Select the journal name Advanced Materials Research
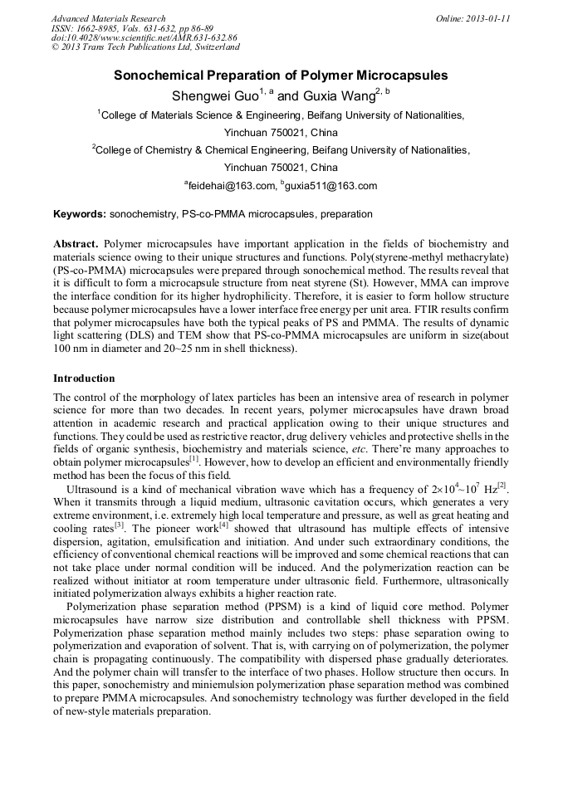(108, 18)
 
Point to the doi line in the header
(144, 38)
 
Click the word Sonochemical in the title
(162, 76)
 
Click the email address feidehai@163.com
(233, 186)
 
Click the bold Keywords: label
(80, 214)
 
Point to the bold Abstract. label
(76, 244)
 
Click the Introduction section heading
(84, 378)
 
